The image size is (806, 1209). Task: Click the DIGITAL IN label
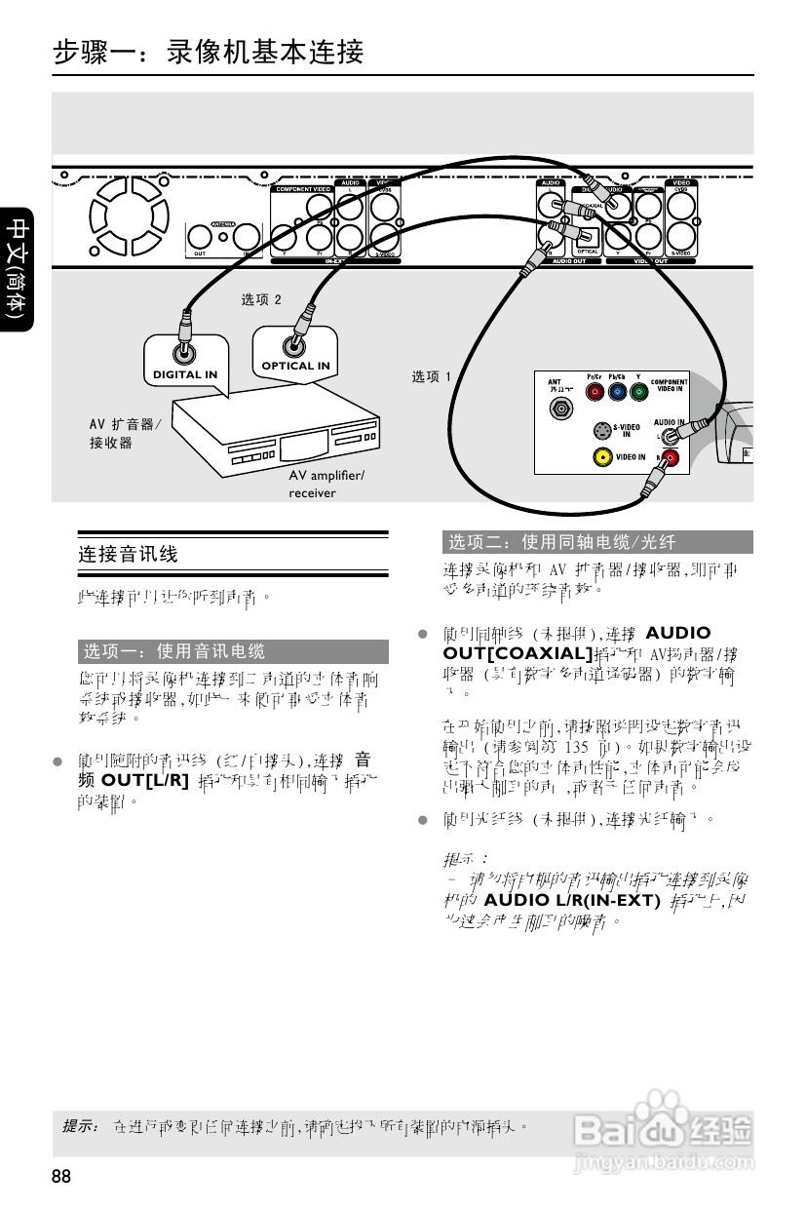[185, 374]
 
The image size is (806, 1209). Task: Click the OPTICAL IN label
[295, 366]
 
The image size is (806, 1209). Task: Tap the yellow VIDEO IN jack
[602, 456]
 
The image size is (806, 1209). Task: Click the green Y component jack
[638, 393]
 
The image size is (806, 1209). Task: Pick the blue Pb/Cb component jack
[616, 393]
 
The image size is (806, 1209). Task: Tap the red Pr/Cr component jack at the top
[595, 393]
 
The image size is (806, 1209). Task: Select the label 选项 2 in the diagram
[261, 299]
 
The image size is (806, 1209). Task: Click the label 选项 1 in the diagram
[431, 376]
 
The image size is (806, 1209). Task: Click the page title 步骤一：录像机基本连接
[210, 52]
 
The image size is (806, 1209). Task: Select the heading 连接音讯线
[129, 555]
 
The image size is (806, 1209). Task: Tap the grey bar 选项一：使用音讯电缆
[233, 651]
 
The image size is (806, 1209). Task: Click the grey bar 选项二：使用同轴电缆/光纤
[597, 542]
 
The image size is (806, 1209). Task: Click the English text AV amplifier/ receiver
[326, 484]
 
